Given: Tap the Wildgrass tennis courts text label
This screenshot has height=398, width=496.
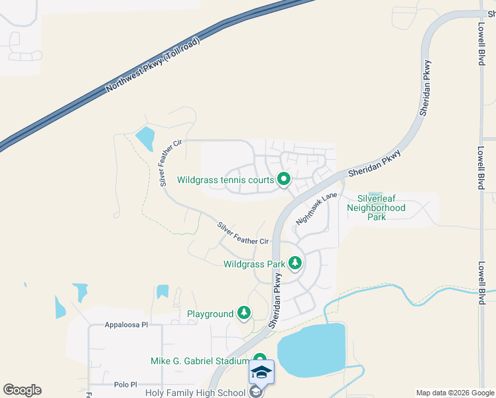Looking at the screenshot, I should pyautogui.click(x=225, y=180).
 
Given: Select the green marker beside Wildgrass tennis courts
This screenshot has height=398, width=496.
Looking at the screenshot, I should pyautogui.click(x=284, y=179).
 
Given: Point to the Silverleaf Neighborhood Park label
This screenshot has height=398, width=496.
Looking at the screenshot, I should pyautogui.click(x=381, y=208).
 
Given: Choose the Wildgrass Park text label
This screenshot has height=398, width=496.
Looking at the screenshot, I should pyautogui.click(x=255, y=264).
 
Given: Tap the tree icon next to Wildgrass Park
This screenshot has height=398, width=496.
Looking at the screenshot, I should pyautogui.click(x=295, y=264).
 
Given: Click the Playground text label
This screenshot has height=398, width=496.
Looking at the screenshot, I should pyautogui.click(x=210, y=314).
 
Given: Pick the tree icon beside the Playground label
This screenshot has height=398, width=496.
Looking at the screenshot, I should pyautogui.click(x=245, y=313).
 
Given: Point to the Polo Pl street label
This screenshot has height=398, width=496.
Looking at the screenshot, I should pyautogui.click(x=124, y=384).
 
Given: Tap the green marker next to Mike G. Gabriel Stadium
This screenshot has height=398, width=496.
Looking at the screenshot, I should pyautogui.click(x=260, y=360).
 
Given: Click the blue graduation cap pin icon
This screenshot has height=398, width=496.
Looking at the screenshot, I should pyautogui.click(x=261, y=373).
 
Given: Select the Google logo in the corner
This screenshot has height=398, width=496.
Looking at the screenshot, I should pyautogui.click(x=22, y=390).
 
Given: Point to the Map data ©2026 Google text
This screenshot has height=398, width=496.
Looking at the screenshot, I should pyautogui.click(x=456, y=393).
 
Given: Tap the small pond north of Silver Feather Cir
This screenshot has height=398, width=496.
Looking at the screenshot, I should pyautogui.click(x=145, y=138).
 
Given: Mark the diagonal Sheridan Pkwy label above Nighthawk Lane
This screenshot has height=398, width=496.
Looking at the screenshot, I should pyautogui.click(x=375, y=163).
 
